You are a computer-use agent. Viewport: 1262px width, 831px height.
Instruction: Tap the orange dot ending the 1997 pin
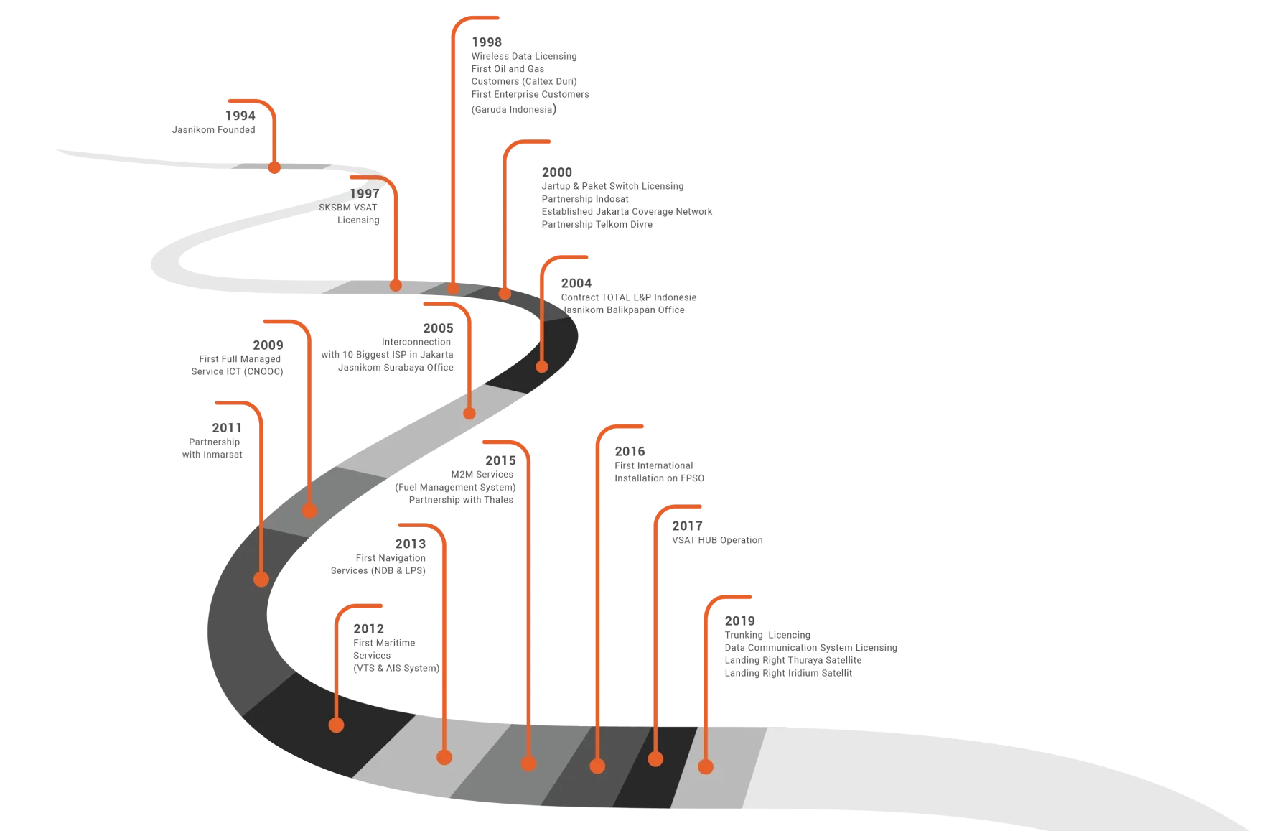pyautogui.click(x=396, y=285)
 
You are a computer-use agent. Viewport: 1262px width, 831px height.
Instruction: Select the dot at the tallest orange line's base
pyautogui.click(x=453, y=289)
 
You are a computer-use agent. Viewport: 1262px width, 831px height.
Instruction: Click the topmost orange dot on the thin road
pyautogui.click(x=274, y=168)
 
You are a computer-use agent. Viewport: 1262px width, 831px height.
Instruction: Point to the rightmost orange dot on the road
pyautogui.click(x=706, y=767)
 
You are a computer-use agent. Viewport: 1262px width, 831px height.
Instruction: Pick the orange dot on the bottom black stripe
pyautogui.click(x=655, y=758)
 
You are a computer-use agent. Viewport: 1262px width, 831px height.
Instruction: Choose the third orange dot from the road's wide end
pyautogui.click(x=597, y=766)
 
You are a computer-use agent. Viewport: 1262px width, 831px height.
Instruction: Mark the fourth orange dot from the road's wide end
pyautogui.click(x=528, y=763)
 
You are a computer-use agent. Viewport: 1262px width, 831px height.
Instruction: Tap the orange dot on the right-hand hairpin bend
pyautogui.click(x=542, y=367)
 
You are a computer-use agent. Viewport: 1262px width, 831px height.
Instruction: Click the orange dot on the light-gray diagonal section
pyautogui.click(x=469, y=413)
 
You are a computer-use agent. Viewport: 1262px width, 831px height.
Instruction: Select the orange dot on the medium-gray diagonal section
pyautogui.click(x=309, y=511)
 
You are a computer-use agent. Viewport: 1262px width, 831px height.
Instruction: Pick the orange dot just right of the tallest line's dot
pyautogui.click(x=505, y=293)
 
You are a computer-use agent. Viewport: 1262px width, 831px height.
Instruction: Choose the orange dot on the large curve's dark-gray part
pyautogui.click(x=261, y=579)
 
